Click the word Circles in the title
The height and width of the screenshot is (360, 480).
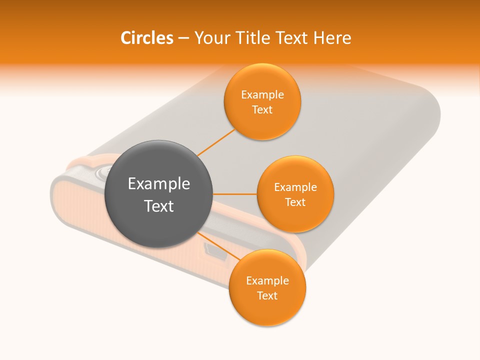click(x=146, y=38)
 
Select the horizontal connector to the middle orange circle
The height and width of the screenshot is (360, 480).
click(x=235, y=193)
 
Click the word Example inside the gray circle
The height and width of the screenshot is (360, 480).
click(x=159, y=184)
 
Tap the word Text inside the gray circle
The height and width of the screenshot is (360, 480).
click(x=159, y=206)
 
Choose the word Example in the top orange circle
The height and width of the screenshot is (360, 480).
click(x=262, y=95)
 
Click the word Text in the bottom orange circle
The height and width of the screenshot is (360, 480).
click(x=267, y=295)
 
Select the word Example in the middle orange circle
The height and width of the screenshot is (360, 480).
click(x=295, y=187)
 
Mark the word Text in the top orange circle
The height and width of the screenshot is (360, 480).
click(x=262, y=110)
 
